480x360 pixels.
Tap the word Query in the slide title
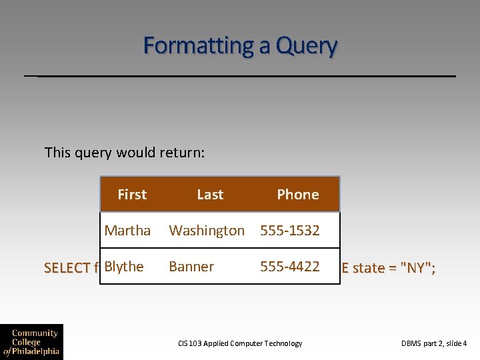point(307,46)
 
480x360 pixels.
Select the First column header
point(132,195)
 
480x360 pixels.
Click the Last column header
point(210,195)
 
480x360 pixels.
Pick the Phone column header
point(298,195)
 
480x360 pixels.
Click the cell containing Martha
point(127,231)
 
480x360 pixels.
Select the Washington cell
point(207,231)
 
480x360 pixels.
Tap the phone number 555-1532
point(290,231)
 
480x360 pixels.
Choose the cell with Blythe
point(124,267)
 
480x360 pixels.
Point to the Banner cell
point(191,267)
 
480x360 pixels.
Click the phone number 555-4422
point(290,267)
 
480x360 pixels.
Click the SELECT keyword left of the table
point(67,268)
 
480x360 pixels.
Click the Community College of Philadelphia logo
point(31,341)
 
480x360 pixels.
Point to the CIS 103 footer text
point(240,343)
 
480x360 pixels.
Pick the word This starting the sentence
point(57,153)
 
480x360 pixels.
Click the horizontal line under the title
point(240,76)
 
